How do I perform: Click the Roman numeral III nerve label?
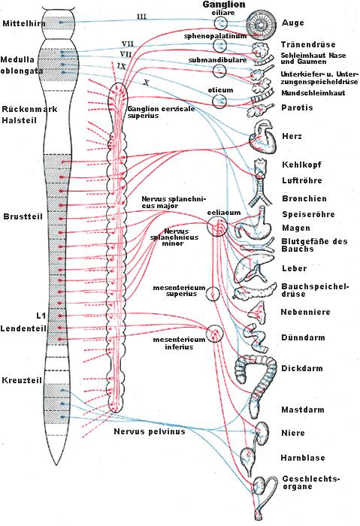[x=141, y=16]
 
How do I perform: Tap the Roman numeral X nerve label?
[x=146, y=82]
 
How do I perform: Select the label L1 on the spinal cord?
[x=41, y=316]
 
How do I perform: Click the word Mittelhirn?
[x=24, y=23]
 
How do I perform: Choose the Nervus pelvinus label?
[x=150, y=431]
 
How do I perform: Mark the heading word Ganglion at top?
[x=224, y=5]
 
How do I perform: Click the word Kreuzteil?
[x=22, y=380]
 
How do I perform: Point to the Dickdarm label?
[x=302, y=368]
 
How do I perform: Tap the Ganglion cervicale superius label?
[x=161, y=112]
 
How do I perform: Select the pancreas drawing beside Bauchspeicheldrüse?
[x=256, y=291]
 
